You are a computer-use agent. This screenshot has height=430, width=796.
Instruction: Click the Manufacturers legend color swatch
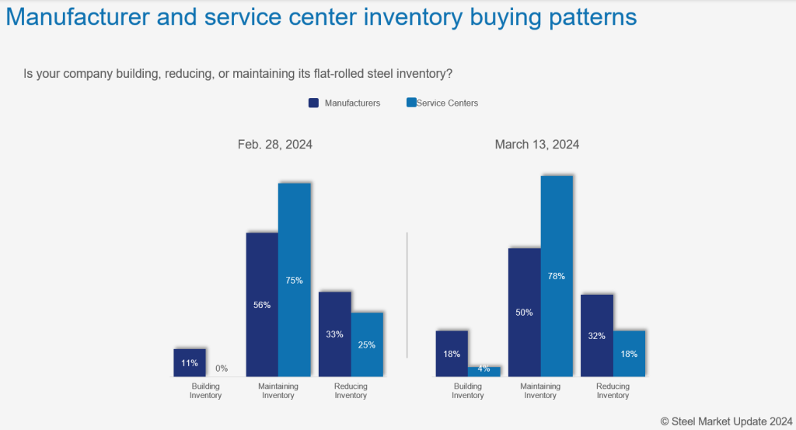[x=314, y=103]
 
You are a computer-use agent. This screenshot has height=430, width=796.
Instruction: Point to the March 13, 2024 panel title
[x=536, y=145]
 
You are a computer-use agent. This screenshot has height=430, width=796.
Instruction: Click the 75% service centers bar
[x=295, y=280]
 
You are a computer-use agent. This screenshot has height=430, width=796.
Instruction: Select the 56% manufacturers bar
[x=262, y=304]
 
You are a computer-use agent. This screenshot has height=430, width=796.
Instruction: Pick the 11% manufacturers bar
[x=190, y=362]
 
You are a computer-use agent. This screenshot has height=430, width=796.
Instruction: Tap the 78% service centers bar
[x=557, y=275]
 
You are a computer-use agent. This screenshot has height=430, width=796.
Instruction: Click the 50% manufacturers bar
[x=524, y=312]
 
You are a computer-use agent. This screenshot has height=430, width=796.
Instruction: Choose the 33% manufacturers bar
[x=335, y=334]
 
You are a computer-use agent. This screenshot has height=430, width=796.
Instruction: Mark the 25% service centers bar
[x=367, y=344]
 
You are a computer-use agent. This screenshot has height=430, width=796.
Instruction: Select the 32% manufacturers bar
[x=597, y=335]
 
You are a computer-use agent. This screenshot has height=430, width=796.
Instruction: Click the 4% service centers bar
[x=484, y=371]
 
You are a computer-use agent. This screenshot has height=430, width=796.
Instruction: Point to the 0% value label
[x=222, y=369]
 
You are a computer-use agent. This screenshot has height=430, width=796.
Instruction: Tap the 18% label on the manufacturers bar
[x=452, y=353]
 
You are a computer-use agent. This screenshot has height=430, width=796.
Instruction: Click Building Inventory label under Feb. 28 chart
[x=206, y=390]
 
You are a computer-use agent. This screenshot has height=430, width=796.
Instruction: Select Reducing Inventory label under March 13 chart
[x=613, y=390]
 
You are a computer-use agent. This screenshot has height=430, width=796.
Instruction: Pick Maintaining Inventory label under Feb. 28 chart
[x=278, y=390]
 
